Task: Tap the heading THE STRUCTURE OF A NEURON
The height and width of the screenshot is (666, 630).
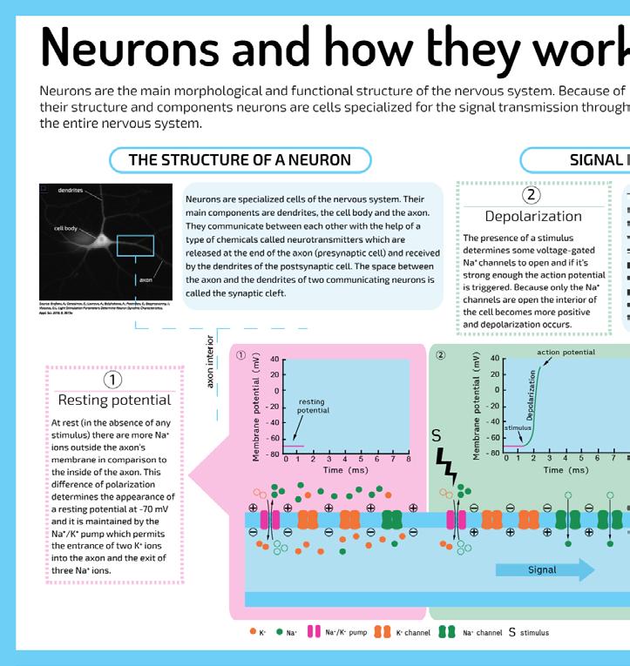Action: [x=240, y=160]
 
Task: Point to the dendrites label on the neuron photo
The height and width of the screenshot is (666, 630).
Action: [x=71, y=189]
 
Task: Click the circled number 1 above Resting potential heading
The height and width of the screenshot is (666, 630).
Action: [x=112, y=380]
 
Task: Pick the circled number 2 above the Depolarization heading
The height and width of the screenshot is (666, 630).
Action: [x=533, y=196]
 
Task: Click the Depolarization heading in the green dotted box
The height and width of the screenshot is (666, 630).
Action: [x=533, y=215]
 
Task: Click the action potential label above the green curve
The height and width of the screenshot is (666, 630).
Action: [x=566, y=353]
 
